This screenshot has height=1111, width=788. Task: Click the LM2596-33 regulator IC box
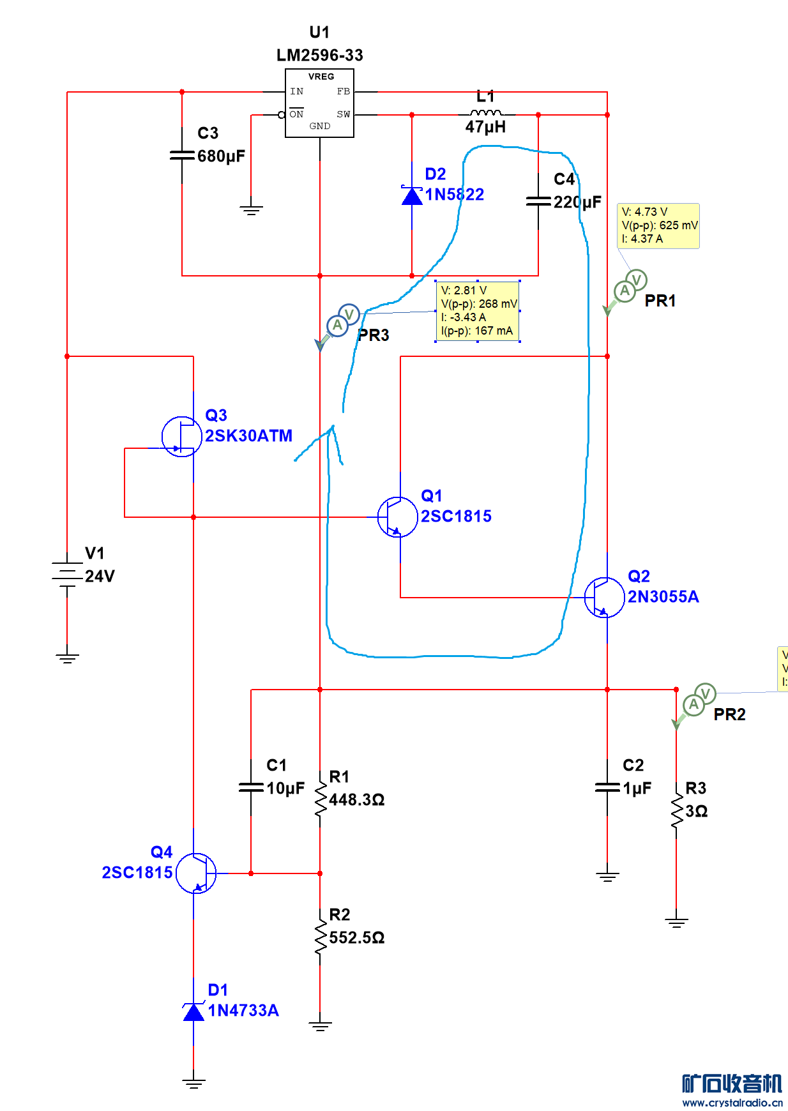pos(319,103)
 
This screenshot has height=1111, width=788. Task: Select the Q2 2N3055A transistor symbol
pos(604,598)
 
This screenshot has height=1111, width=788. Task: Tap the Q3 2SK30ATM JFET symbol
pos(181,437)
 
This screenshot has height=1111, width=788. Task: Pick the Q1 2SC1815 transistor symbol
pos(397,517)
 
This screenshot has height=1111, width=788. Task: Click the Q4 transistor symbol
pos(196,873)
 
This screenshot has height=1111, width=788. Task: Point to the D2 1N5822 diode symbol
pos(412,195)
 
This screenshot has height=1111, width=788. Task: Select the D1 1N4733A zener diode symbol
pos(193,1011)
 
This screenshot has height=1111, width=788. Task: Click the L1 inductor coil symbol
pos(485,113)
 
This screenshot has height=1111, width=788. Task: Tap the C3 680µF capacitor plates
pos(182,155)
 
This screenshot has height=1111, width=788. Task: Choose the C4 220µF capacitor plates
pos(538,202)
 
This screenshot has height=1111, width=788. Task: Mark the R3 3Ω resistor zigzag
pos(676,811)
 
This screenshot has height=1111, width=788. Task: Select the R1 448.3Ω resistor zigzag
pos(320,799)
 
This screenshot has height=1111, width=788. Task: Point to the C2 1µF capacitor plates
pos(607,788)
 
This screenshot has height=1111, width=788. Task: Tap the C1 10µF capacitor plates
pos(251,788)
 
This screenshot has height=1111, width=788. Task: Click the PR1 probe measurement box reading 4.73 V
pos(658,225)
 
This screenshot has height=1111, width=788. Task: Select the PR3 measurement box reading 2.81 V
pos(477,311)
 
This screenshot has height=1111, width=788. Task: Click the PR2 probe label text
pos(729,714)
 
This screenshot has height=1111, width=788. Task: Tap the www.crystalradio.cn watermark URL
pos(732,1103)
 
